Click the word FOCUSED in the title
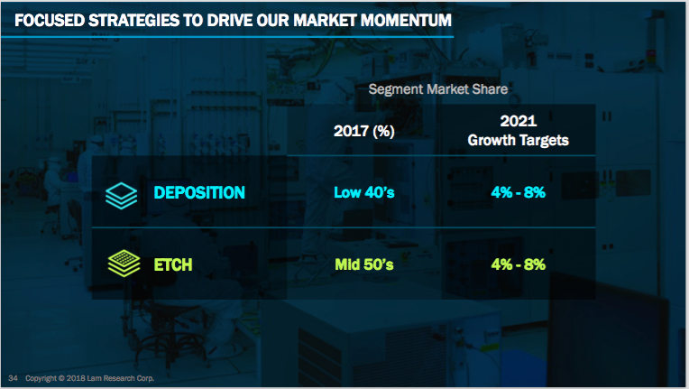[x=49, y=20]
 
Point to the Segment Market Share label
[x=438, y=89]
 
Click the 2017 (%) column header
[x=363, y=131]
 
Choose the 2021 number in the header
[x=518, y=121]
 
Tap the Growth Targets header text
[x=518, y=140]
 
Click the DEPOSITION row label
[x=199, y=192]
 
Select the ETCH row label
[x=172, y=264]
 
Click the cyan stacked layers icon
[x=121, y=196]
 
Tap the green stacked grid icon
[x=124, y=264]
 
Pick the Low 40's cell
[x=363, y=192]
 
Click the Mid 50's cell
[x=363, y=264]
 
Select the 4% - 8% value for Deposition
[x=518, y=192]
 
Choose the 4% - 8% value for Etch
[x=518, y=264]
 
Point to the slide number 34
[x=13, y=378]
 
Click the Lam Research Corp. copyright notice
[x=89, y=378]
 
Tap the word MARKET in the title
[x=325, y=20]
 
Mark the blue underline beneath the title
[x=227, y=37]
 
